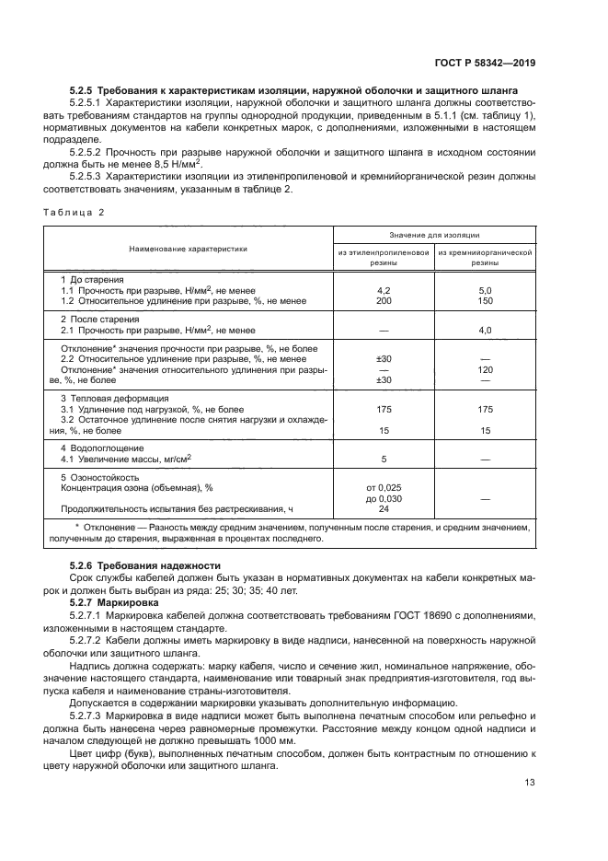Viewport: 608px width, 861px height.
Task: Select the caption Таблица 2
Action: click(x=75, y=213)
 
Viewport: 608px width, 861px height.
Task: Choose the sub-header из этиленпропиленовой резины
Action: click(x=384, y=256)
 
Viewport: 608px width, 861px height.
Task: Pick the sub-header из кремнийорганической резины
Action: click(x=486, y=256)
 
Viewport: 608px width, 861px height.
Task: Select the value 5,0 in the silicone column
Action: click(x=486, y=290)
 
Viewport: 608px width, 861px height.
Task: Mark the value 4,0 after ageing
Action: click(x=486, y=330)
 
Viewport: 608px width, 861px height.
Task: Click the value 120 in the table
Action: click(x=486, y=369)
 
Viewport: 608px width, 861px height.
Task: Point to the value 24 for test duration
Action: click(x=384, y=508)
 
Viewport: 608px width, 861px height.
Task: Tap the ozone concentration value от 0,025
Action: click(x=384, y=487)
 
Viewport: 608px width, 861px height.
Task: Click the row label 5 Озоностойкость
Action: click(x=99, y=478)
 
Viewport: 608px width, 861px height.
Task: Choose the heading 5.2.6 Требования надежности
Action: click(x=145, y=564)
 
